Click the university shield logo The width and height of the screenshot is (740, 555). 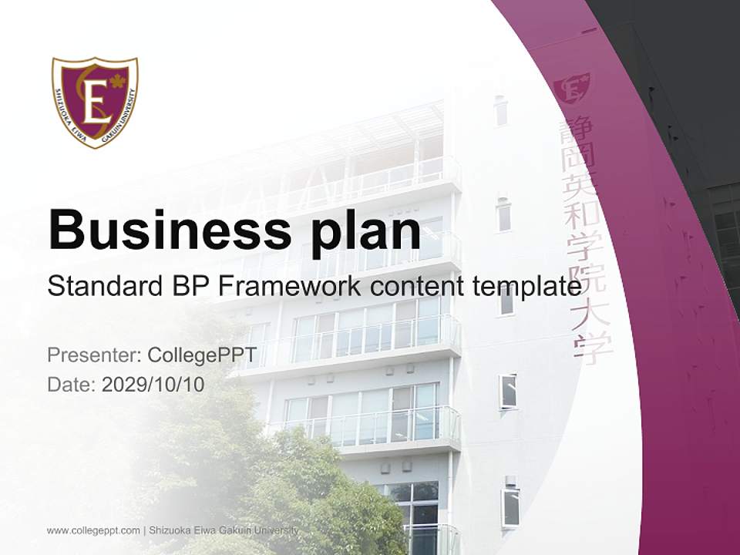tap(95, 102)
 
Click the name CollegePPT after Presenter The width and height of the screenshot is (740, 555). tap(202, 355)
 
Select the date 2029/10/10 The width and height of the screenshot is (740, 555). tap(153, 385)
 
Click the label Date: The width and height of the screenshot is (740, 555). tap(72, 385)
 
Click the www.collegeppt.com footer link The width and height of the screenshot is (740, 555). tap(93, 530)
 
